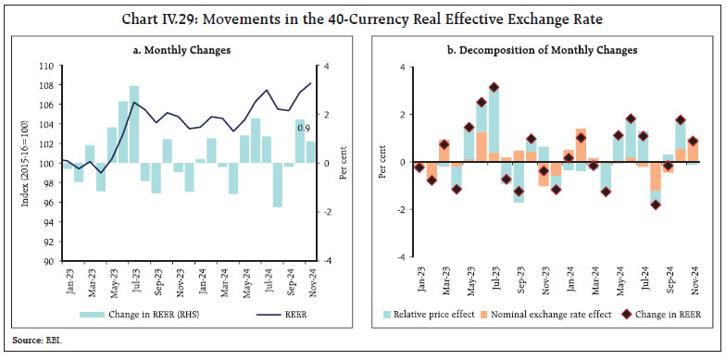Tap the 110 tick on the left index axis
point(47,67)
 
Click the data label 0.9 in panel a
point(302,128)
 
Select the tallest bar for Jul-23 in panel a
point(134,125)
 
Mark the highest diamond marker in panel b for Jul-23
point(494,88)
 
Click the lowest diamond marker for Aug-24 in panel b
point(656,205)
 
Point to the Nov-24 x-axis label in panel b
point(692,280)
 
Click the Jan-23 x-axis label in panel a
point(69,280)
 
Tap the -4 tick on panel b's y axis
point(399,257)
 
